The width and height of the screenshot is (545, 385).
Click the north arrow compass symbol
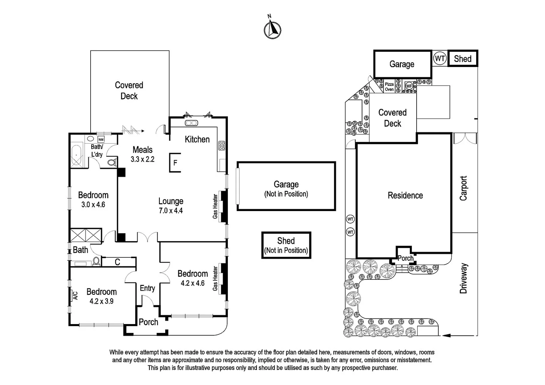pos(272,29)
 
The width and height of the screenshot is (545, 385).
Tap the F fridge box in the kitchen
pos(175,163)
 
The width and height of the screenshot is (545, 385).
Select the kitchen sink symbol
pos(192,123)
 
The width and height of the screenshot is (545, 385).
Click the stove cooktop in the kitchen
pos(222,145)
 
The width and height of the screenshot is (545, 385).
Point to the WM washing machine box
pos(101,139)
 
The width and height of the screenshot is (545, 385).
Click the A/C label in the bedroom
pos(75,296)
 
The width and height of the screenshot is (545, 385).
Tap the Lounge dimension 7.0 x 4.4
pos(170,211)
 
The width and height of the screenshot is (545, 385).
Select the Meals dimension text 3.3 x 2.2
pos(142,159)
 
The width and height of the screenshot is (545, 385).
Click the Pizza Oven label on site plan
pos(389,87)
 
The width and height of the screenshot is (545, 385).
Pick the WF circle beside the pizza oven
pos(409,86)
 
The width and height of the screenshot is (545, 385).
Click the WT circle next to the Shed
pos(440,58)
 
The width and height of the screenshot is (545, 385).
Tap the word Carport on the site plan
pos(463,188)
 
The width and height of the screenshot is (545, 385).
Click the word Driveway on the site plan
pos(463,278)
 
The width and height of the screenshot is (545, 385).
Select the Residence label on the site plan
pos(405,195)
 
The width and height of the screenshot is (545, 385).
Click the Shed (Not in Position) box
pos(286,245)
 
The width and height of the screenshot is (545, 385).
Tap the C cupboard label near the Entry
pos(117,262)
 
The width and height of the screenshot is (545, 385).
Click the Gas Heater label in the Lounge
pos(215,206)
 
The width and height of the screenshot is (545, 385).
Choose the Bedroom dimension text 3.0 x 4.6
pos(93,205)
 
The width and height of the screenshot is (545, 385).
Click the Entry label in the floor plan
pos(147,288)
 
